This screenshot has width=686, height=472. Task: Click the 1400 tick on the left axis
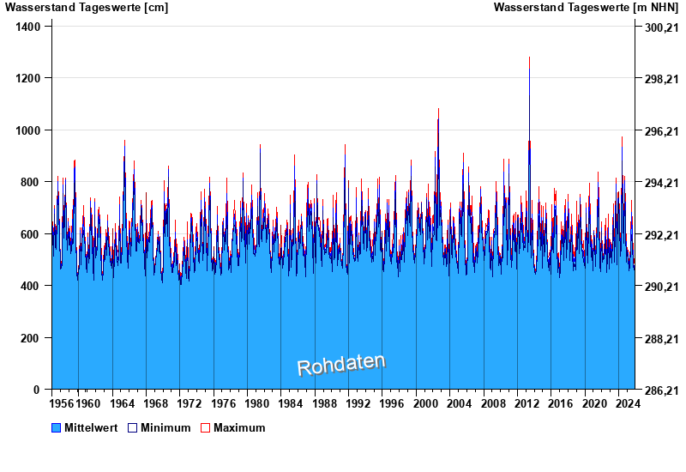[x=29, y=27]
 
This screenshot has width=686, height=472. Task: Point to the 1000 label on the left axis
[x=29, y=130]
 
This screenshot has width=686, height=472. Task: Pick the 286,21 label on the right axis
[x=660, y=390]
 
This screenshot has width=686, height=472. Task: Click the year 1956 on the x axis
[x=62, y=403]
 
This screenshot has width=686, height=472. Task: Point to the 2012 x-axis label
[x=526, y=403]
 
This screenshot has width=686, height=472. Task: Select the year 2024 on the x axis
[x=626, y=403]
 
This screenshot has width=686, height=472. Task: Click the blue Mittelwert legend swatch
[x=57, y=427]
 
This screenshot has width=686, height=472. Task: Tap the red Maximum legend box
[x=205, y=427]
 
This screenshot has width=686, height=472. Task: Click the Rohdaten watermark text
[x=340, y=365]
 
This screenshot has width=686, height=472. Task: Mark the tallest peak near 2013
[x=529, y=58]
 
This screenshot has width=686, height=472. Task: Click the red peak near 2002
[x=438, y=120]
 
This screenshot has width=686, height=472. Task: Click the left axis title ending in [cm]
[x=87, y=8]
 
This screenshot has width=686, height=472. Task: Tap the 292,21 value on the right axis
[x=660, y=235]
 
